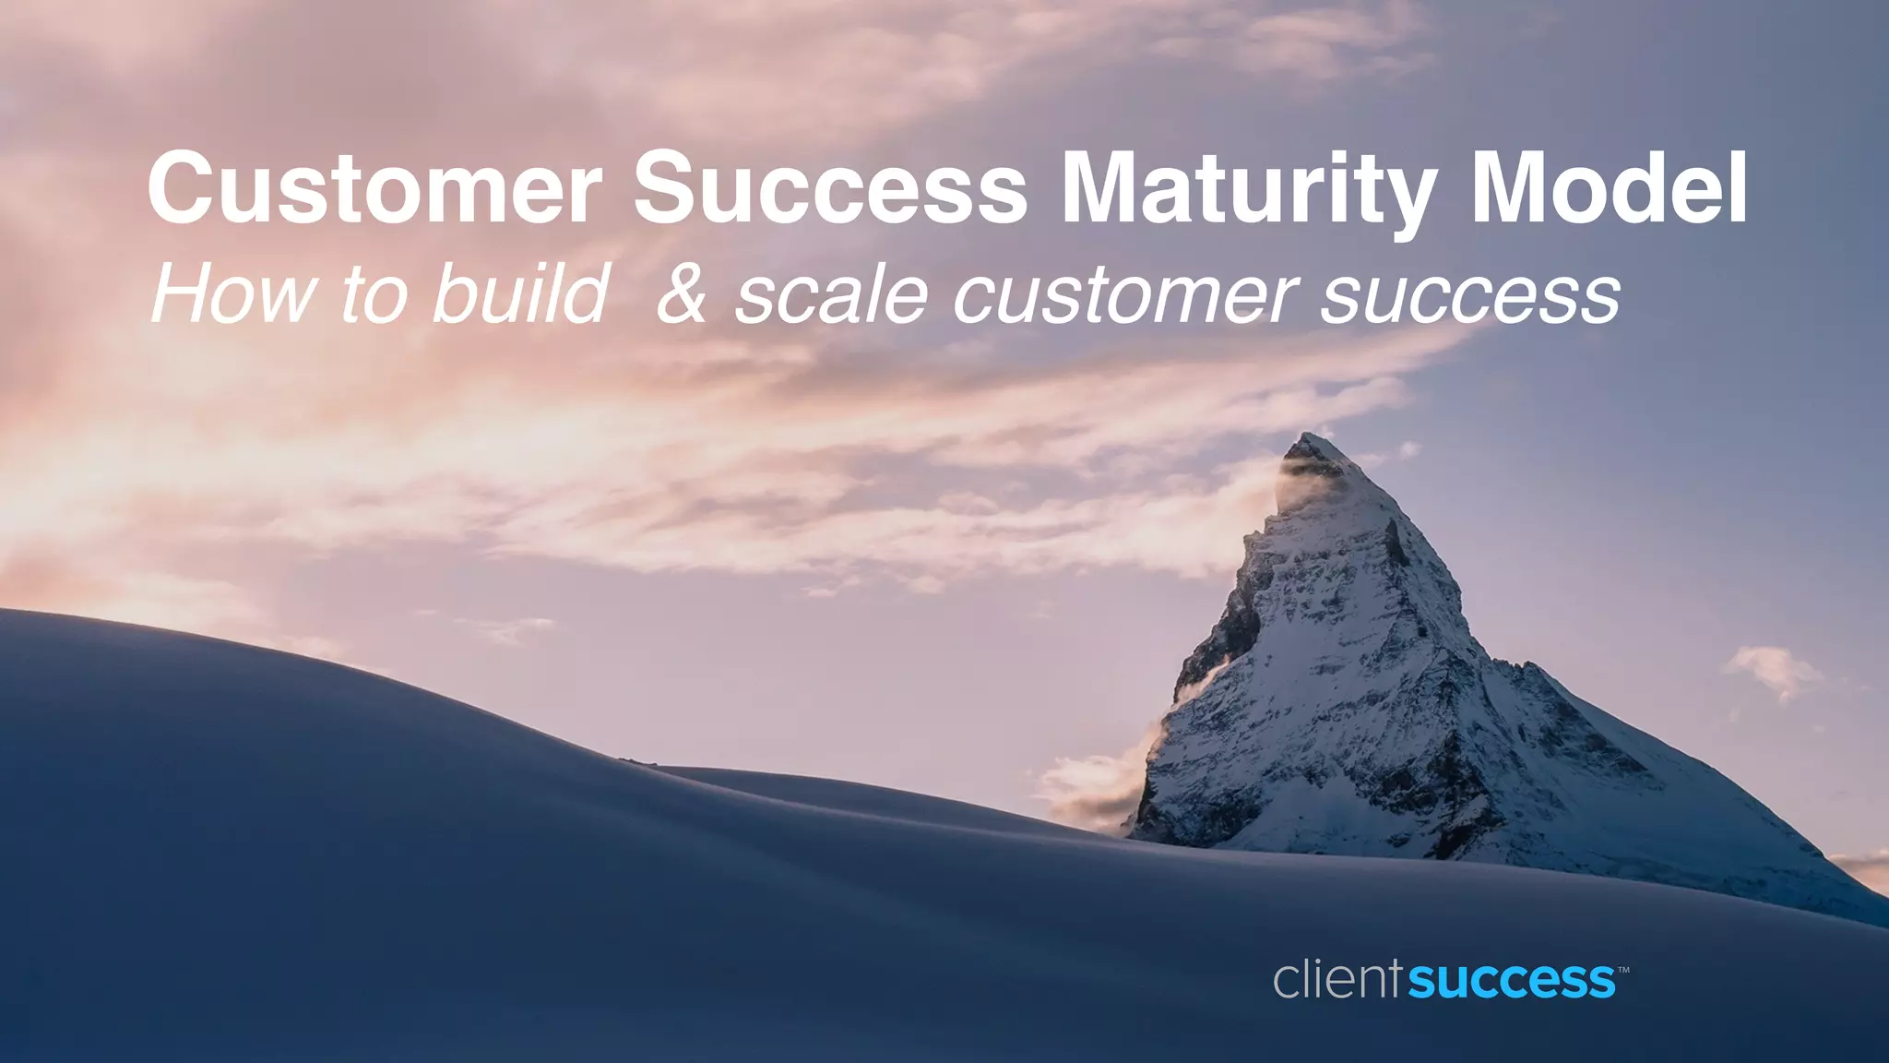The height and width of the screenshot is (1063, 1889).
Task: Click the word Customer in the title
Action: pyautogui.click(x=374, y=189)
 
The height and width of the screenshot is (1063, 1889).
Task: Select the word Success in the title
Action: pyautogui.click(x=830, y=189)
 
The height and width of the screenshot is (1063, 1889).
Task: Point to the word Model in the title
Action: pyautogui.click(x=1609, y=189)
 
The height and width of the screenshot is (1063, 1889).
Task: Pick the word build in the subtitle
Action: pyautogui.click(x=521, y=294)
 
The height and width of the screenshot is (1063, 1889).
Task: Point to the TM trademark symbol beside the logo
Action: pyautogui.click(x=1623, y=970)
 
